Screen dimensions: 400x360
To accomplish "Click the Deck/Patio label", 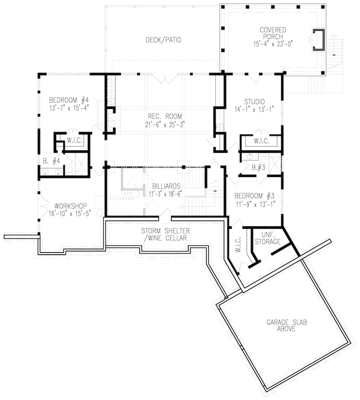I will [163, 40].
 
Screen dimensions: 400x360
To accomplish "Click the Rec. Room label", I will [165, 117].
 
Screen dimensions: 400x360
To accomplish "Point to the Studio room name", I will [254, 102].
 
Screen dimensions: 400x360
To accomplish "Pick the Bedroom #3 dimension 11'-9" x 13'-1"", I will [254, 204].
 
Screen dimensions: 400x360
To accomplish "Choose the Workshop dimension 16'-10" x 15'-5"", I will [71, 213].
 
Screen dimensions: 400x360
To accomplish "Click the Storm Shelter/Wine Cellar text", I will [165, 235].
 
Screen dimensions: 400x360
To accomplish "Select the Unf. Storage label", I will [267, 238].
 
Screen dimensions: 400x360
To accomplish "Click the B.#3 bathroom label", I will [258, 167].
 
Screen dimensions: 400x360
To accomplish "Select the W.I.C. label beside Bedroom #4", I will [75, 141].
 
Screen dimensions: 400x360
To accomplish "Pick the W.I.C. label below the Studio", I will [261, 141].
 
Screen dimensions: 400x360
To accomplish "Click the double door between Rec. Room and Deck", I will [165, 78].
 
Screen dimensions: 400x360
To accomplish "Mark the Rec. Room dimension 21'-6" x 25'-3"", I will [165, 124].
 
